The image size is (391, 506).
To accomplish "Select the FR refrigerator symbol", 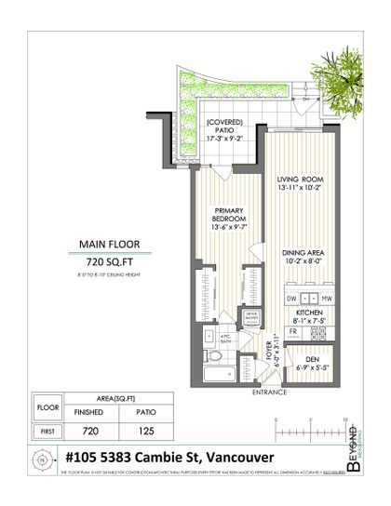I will (x=292, y=331).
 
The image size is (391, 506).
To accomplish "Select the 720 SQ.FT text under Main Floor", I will (x=104, y=263).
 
